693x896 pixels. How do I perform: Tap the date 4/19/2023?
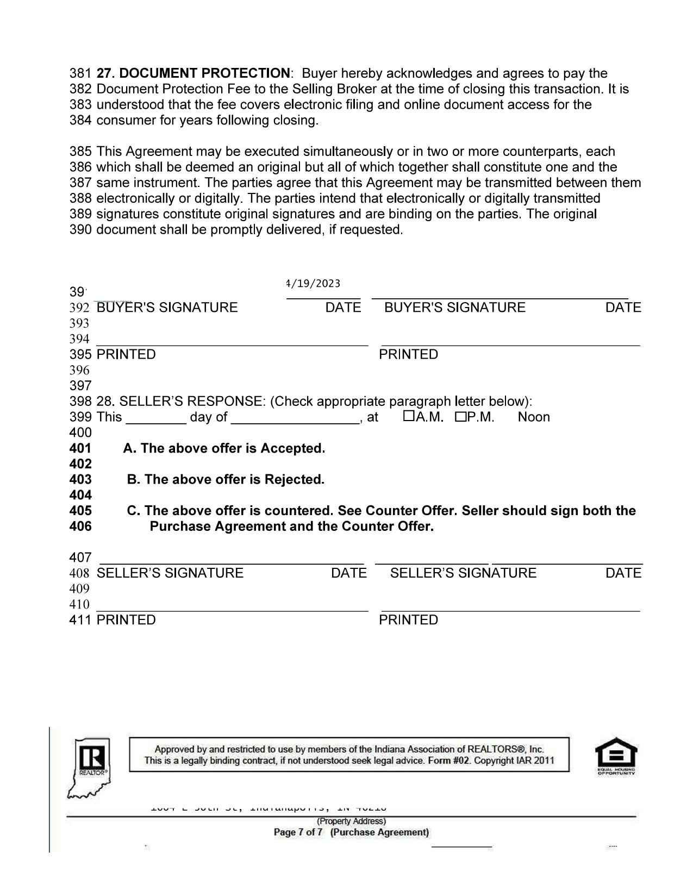click(x=314, y=284)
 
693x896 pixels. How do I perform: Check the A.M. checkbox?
click(x=409, y=416)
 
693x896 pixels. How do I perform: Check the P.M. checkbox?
click(x=461, y=417)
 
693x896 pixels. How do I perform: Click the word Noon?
click(x=534, y=417)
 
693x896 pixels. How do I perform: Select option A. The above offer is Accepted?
click(x=224, y=449)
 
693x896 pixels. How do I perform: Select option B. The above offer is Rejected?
click(x=226, y=480)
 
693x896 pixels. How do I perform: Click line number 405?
click(x=80, y=511)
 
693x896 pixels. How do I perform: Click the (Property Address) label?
click(x=351, y=822)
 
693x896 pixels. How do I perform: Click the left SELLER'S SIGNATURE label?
click(x=170, y=573)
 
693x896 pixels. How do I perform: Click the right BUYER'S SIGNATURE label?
click(x=455, y=308)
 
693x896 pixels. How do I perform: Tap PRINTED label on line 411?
click(x=126, y=620)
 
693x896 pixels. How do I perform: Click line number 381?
click(x=80, y=73)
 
